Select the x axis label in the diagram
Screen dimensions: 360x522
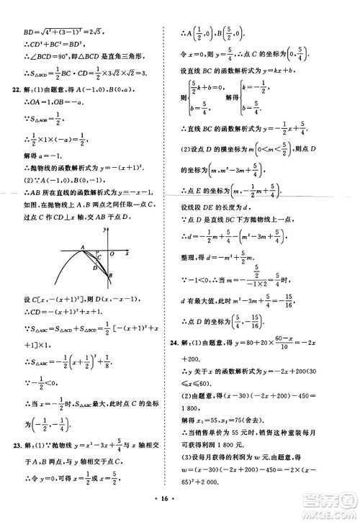click(127, 253)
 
